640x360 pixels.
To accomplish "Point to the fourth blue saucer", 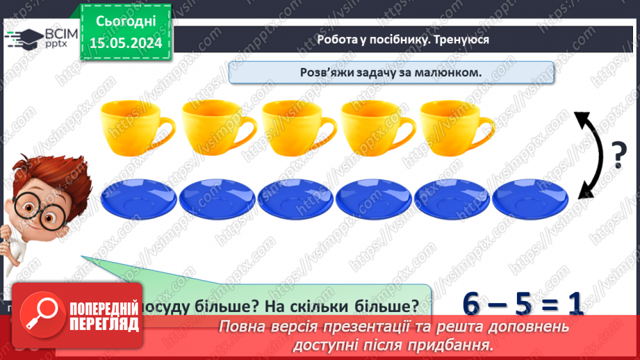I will tap(376, 199).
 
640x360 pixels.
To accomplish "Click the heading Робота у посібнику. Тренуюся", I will tap(403, 40).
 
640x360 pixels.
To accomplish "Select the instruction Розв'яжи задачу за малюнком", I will tap(391, 72).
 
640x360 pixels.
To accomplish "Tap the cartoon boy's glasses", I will tap(31, 206).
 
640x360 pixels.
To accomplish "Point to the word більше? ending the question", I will tap(385, 305).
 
